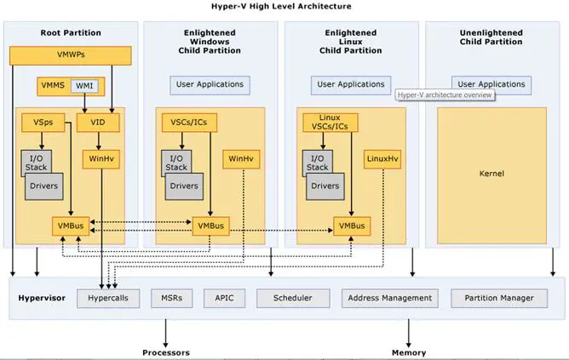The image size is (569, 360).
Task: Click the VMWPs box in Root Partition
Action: coord(71,56)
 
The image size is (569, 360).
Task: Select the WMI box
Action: coord(85,86)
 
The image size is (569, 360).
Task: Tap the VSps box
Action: coord(43,123)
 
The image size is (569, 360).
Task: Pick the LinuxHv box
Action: coord(382,158)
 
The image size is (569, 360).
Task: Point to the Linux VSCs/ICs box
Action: coord(330,122)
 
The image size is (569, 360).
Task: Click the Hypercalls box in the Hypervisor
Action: coord(107,298)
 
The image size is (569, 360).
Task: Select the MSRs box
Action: coord(165,298)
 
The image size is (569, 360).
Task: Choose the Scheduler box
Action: coord(291,298)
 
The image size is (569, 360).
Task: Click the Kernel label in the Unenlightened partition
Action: coord(492,174)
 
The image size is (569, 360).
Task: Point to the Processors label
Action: coord(166,352)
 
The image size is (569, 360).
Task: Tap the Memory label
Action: coord(409,352)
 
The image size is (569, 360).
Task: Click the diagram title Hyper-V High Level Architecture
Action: coord(284,6)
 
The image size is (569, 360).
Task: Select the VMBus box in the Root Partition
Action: coord(70,226)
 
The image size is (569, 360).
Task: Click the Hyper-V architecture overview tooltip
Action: coord(445,94)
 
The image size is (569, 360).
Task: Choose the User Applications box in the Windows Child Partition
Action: coord(210,84)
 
